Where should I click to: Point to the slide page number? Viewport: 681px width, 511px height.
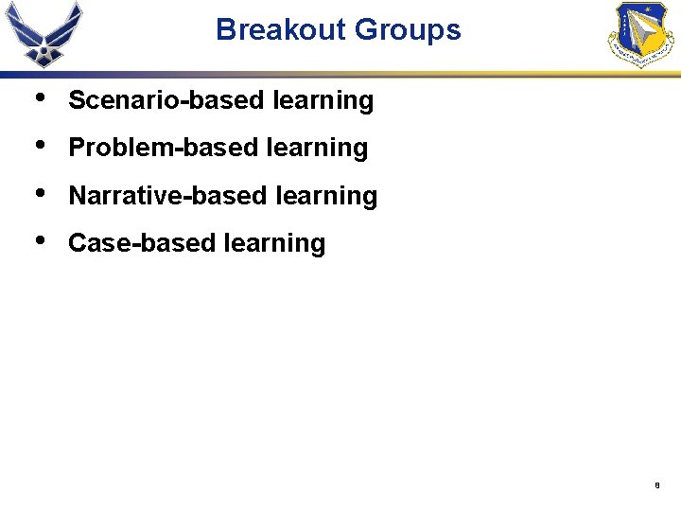coord(656,485)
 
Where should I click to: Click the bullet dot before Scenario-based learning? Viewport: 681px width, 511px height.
coord(37,97)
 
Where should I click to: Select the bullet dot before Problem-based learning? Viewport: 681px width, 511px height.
coord(37,145)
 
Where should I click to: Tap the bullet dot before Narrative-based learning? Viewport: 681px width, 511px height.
coord(37,193)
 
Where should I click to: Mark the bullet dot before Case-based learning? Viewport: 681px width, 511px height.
coord(37,240)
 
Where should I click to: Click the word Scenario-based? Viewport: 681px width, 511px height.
coord(166,100)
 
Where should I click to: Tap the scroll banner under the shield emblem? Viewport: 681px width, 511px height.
coord(640,57)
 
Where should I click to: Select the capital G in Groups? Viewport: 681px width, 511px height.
coord(365,29)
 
